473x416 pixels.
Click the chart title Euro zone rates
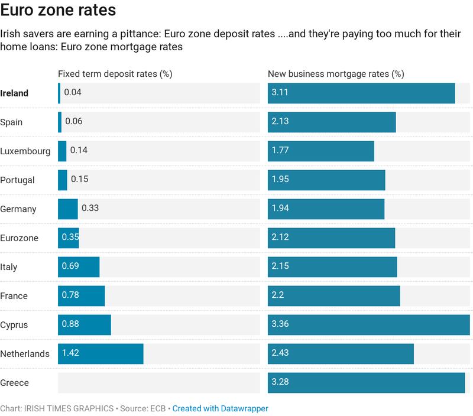click(x=58, y=11)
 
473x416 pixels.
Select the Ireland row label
click(x=14, y=93)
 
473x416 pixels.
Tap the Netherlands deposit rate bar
click(x=101, y=354)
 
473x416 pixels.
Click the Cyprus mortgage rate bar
click(x=368, y=325)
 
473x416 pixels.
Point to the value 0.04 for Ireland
click(x=73, y=93)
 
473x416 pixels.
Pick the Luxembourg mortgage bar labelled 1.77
click(x=320, y=151)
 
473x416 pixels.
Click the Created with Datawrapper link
click(x=220, y=408)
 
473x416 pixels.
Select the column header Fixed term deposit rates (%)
click(x=115, y=74)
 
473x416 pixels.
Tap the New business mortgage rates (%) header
click(x=336, y=74)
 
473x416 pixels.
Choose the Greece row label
click(x=14, y=383)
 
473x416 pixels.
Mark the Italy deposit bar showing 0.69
click(x=79, y=267)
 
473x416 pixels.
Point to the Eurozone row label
click(x=19, y=238)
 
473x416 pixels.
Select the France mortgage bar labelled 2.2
click(x=333, y=296)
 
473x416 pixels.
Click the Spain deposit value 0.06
click(x=73, y=122)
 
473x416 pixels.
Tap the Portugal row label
click(x=17, y=180)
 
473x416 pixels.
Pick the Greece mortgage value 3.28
click(x=280, y=382)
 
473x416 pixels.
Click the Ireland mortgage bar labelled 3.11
click(x=361, y=93)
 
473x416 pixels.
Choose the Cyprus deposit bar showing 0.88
click(x=85, y=325)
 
